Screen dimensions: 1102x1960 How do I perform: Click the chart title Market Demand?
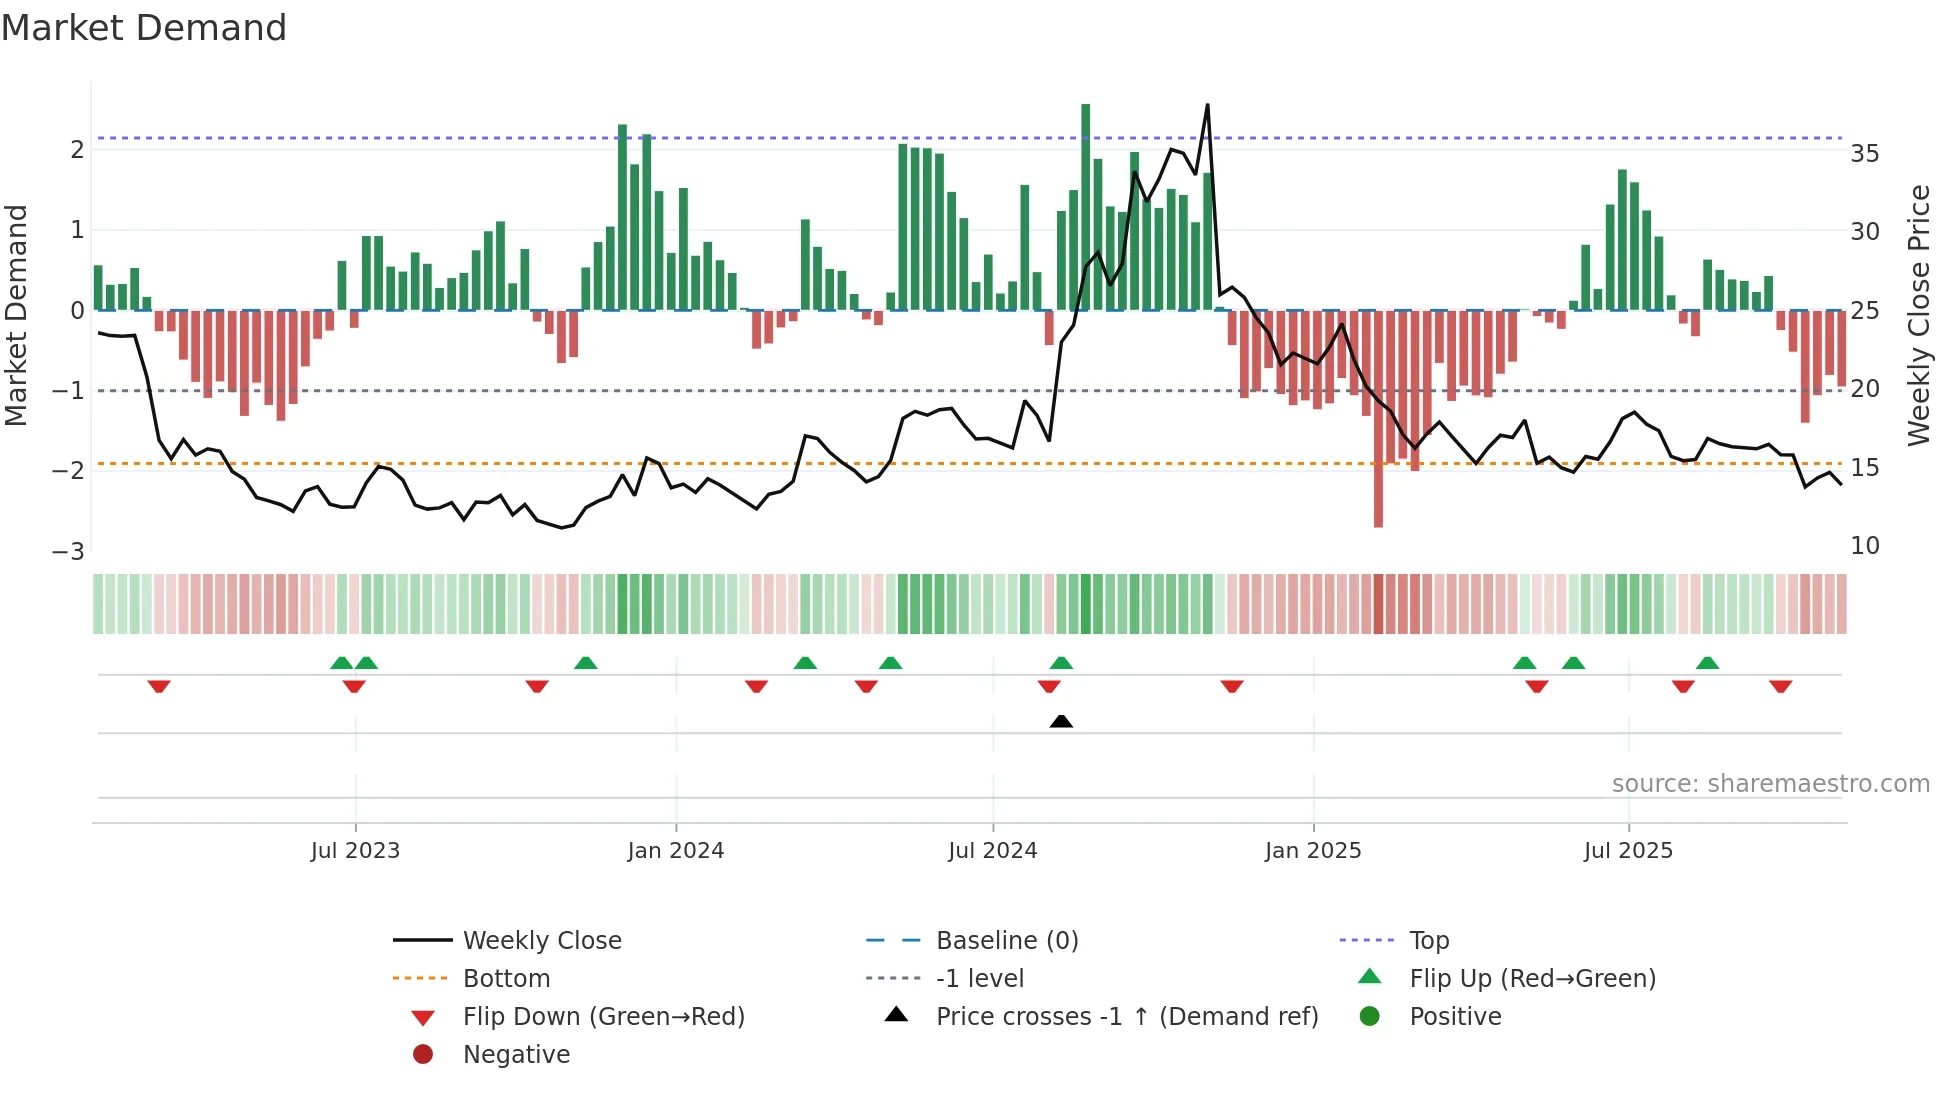tap(144, 28)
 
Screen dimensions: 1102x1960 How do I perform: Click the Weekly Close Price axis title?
tap(1918, 315)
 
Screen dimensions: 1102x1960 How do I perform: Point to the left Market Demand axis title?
tap(16, 315)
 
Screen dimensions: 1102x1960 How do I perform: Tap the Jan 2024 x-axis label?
tap(675, 851)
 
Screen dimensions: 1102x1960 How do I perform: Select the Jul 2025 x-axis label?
tap(1627, 851)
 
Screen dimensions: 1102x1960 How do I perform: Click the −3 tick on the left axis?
tap(69, 552)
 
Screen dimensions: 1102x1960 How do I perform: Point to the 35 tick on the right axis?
tap(1864, 154)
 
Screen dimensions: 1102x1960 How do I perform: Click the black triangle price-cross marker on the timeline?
tap(1061, 721)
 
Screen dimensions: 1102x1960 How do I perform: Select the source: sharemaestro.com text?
tap(1770, 784)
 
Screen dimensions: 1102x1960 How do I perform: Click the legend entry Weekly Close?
tap(541, 941)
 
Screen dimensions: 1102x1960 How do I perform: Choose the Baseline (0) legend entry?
tap(1006, 941)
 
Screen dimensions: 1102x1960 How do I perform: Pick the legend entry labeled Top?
tap(1428, 941)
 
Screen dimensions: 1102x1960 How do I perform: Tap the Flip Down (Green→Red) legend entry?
tap(603, 1017)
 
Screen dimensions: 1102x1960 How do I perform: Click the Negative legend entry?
tap(516, 1055)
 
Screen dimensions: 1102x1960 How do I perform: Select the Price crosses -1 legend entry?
tap(1126, 1017)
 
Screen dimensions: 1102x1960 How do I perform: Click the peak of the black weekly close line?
tap(1207, 105)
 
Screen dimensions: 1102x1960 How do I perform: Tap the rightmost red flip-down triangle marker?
tap(1780, 686)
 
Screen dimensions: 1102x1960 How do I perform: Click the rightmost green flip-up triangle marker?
tap(1707, 663)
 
